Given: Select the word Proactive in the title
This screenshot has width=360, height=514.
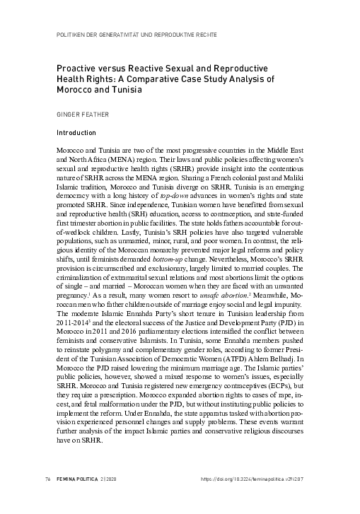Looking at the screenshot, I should tap(74, 68).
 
